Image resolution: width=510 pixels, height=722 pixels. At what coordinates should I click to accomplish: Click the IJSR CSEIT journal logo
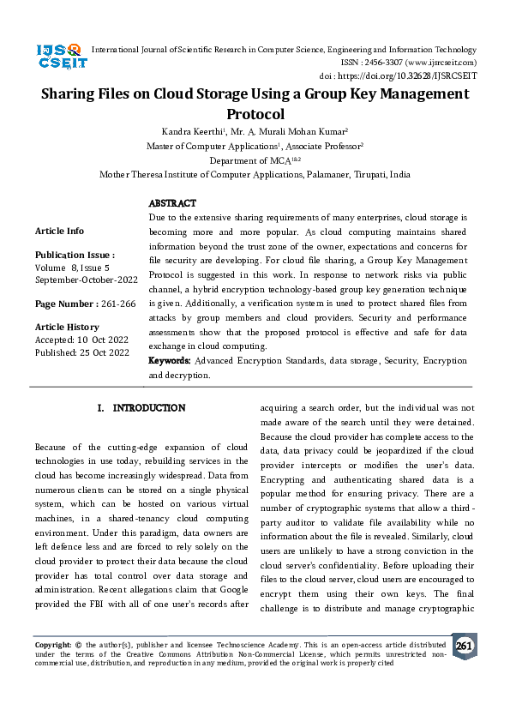[x=60, y=56]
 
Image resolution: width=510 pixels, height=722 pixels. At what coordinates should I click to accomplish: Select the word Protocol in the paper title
[x=255, y=113]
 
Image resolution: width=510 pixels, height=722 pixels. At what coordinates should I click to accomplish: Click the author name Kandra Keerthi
[x=189, y=131]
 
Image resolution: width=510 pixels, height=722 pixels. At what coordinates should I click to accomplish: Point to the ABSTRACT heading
[x=172, y=203]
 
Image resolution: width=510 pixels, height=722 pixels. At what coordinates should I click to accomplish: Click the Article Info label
[x=59, y=231]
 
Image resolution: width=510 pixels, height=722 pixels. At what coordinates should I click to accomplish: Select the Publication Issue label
[x=75, y=255]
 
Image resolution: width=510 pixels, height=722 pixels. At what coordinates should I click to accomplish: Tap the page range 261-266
[x=117, y=304]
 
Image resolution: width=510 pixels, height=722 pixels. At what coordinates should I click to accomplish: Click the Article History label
[x=67, y=327]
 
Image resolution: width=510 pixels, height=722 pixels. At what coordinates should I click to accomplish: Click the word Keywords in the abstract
[x=170, y=361]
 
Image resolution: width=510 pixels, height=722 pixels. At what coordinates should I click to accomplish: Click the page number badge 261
[x=465, y=646]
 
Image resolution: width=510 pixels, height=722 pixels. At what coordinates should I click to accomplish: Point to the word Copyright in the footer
[x=52, y=643]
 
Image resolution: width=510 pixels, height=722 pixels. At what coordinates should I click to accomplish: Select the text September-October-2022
[x=86, y=280]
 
